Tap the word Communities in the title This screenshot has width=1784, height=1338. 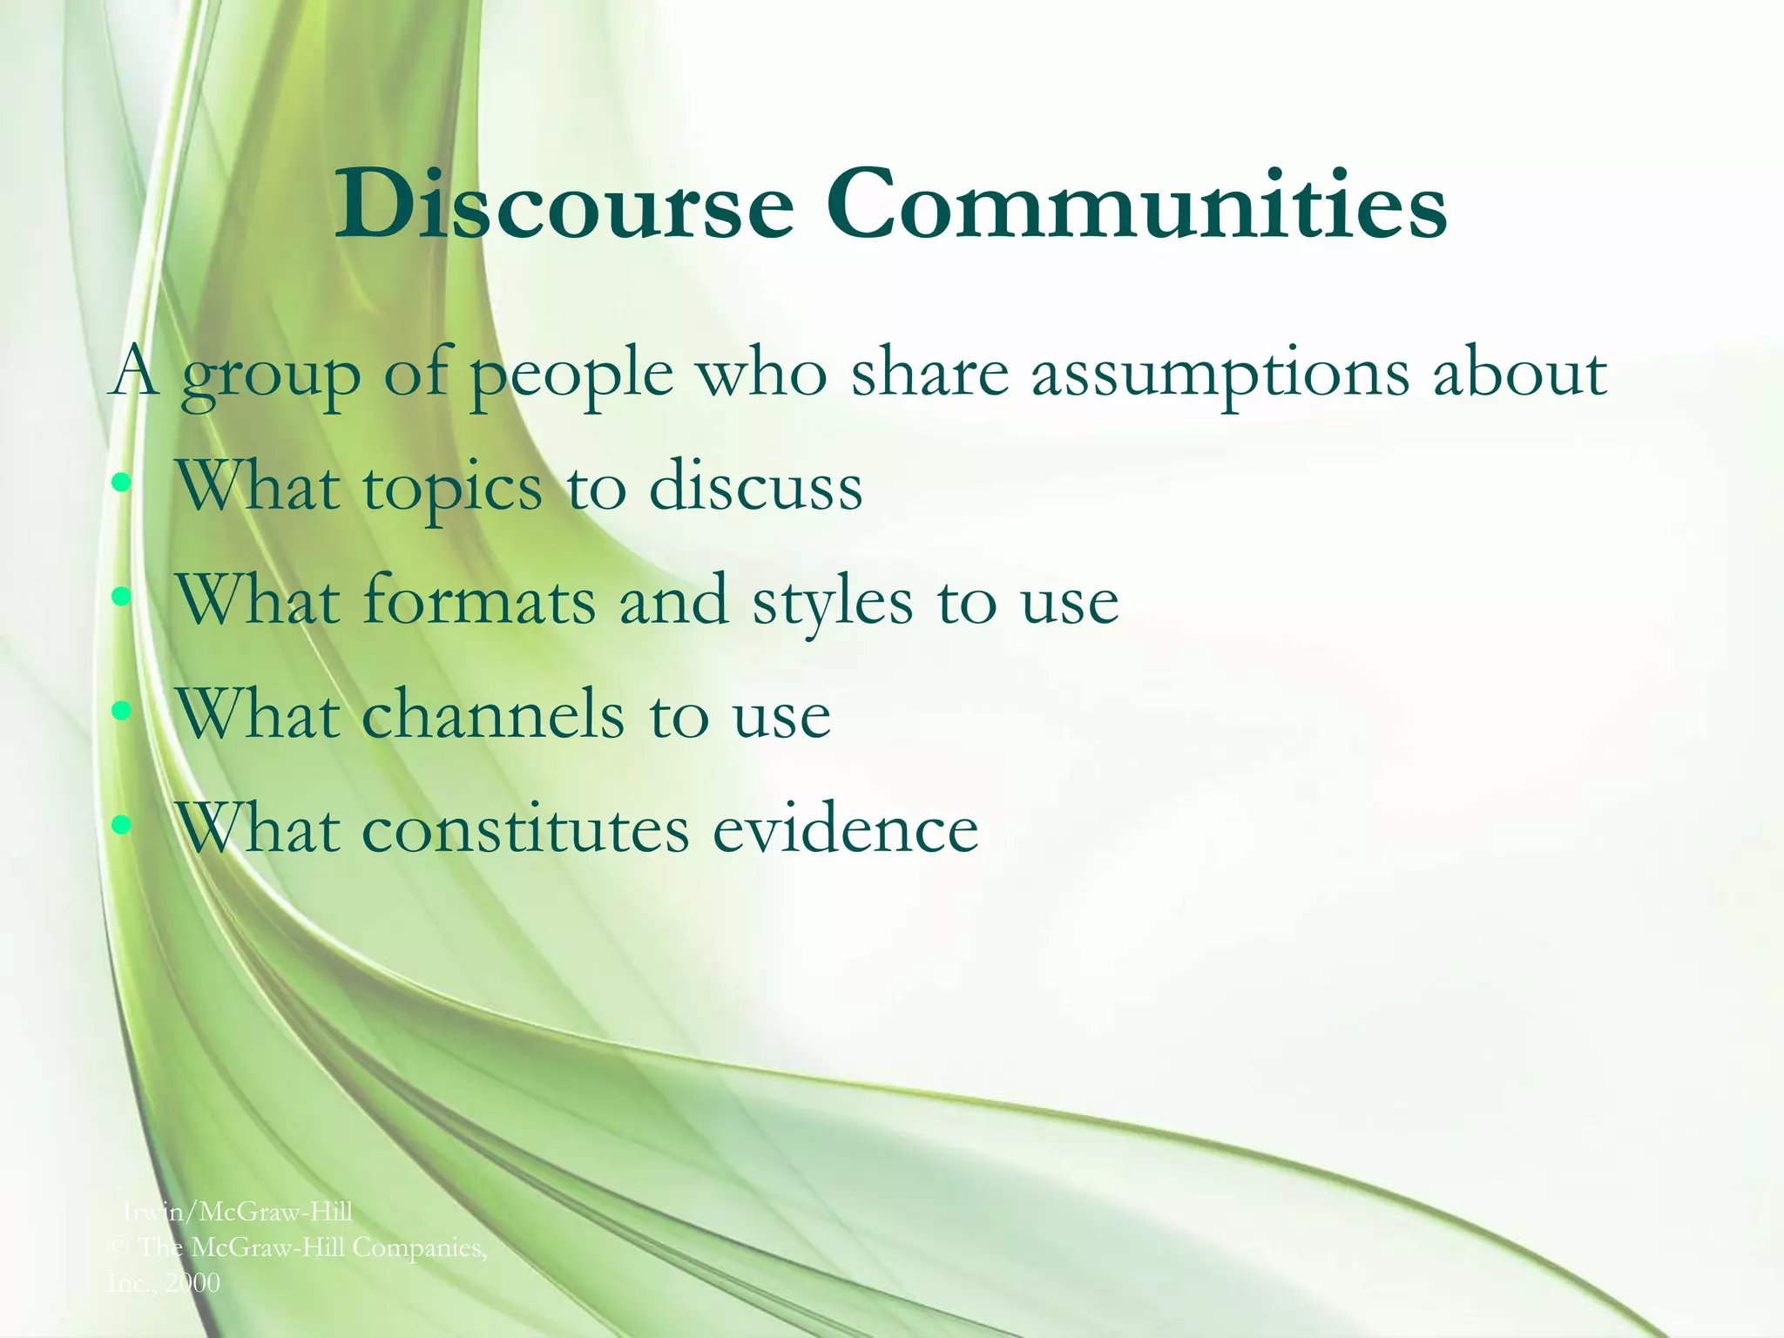(1137, 206)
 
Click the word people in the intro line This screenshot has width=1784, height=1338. (571, 376)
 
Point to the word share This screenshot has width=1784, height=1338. (929, 373)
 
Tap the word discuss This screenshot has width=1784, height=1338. (755, 486)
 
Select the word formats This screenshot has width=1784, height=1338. (478, 600)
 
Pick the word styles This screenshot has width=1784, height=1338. (833, 603)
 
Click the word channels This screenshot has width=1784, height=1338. (492, 714)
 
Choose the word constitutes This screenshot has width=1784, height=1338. (525, 828)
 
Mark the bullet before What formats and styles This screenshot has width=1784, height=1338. (122, 597)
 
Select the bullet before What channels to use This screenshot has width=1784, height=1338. (122, 710)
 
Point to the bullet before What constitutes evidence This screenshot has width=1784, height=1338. (122, 824)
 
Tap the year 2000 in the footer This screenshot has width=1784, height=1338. (193, 1282)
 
